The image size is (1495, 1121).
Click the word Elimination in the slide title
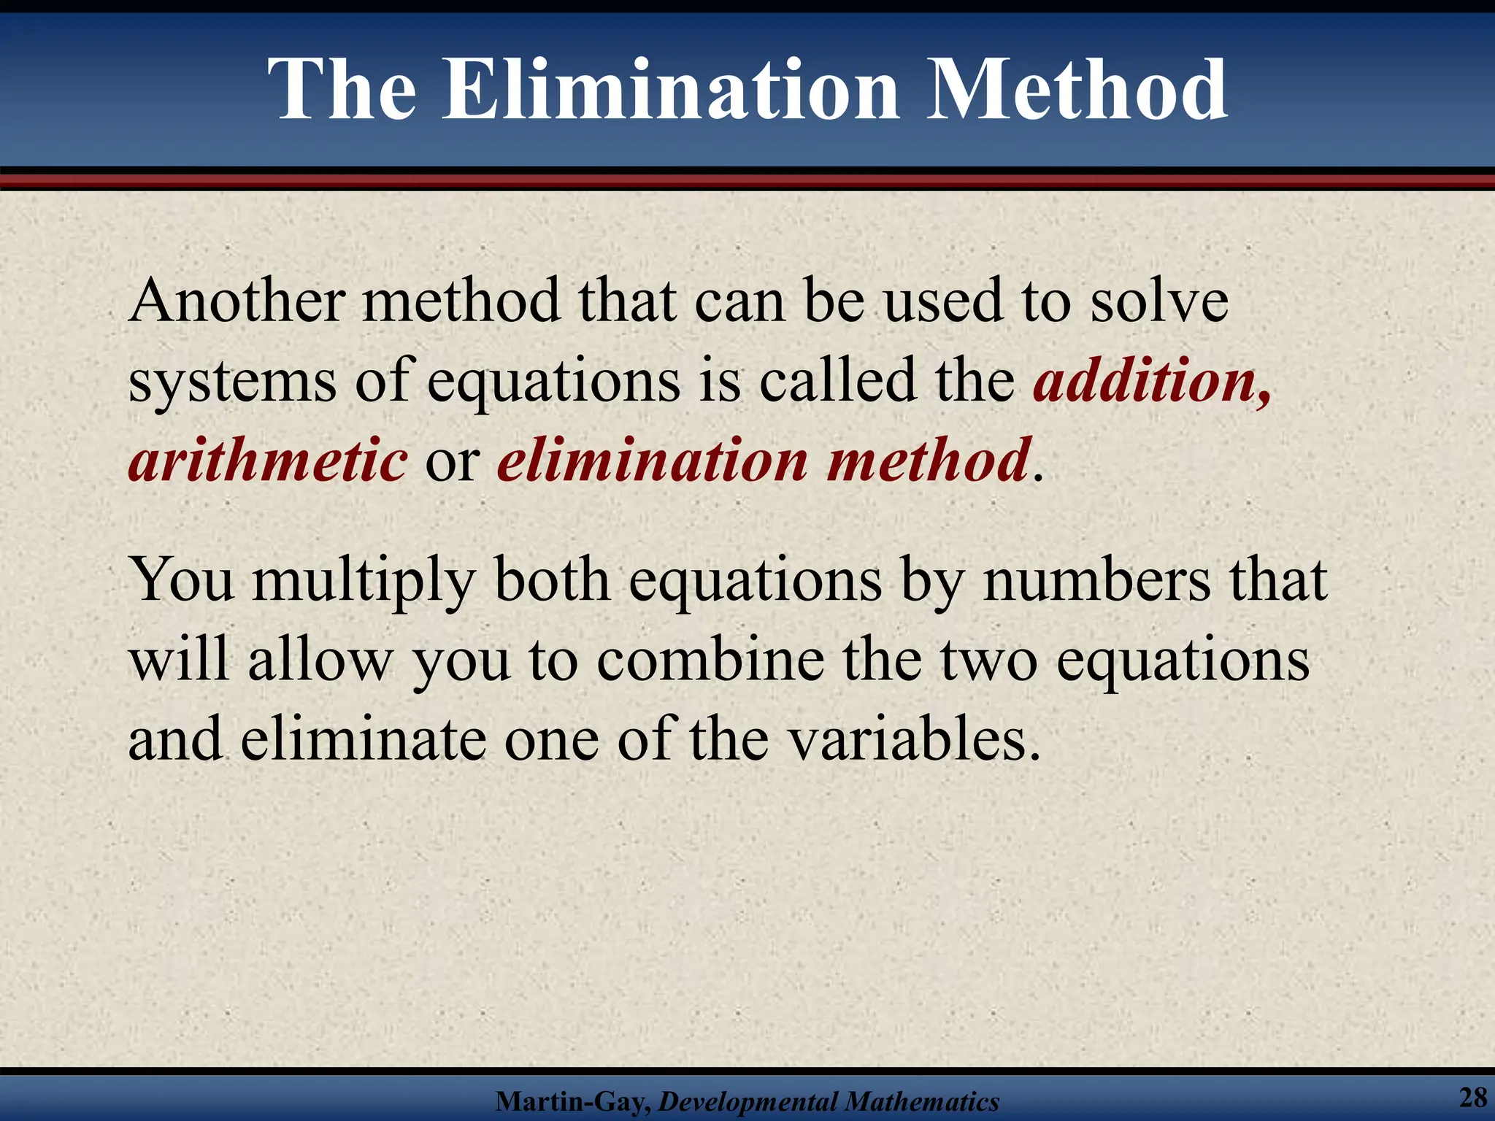tap(671, 90)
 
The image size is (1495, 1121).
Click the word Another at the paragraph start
tap(237, 301)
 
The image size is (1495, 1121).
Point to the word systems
tap(232, 382)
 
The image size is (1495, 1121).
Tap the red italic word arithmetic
tap(267, 461)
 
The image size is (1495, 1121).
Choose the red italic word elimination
tap(652, 461)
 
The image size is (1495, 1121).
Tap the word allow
tap(320, 660)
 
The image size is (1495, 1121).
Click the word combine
tap(711, 660)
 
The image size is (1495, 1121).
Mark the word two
tap(988, 661)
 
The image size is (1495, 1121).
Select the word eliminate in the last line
tap(363, 739)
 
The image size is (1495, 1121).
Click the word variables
tap(915, 739)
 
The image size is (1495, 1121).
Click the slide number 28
tap(1472, 1097)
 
